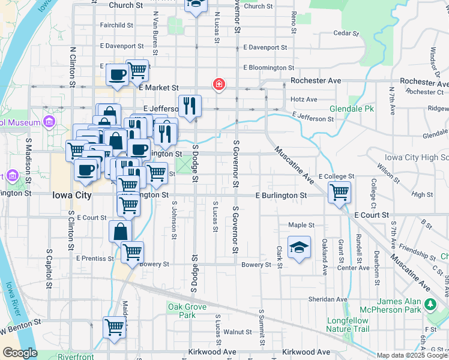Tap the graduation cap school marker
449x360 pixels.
tap(298, 248)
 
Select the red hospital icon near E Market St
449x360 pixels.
tap(220, 84)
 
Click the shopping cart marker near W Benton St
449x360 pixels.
tap(114, 328)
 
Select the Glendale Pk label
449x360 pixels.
tap(352, 109)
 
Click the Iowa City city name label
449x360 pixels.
tap(72, 196)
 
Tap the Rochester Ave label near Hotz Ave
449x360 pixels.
tap(316, 80)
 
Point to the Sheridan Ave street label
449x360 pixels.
tap(325, 299)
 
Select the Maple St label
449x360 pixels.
tap(301, 225)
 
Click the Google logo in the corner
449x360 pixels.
tap(20, 353)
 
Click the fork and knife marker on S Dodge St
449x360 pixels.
tap(190, 106)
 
